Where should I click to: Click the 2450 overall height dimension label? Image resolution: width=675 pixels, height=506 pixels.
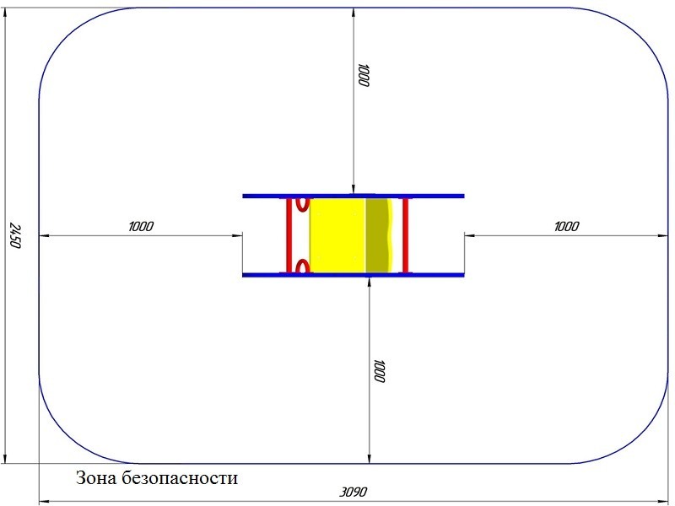15,235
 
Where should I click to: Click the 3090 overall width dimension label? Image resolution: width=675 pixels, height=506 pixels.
353,492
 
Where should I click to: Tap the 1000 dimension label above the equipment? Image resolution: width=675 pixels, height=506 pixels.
364,76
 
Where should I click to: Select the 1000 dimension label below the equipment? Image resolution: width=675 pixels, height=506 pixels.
379,371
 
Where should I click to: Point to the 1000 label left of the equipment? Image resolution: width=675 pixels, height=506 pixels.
141,226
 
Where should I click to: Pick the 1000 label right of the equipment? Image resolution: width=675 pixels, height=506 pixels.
566,226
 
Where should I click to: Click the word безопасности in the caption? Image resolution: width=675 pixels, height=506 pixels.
180,477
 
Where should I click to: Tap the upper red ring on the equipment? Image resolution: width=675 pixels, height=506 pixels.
303,204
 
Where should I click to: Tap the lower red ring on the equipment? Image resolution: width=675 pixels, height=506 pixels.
303,266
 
